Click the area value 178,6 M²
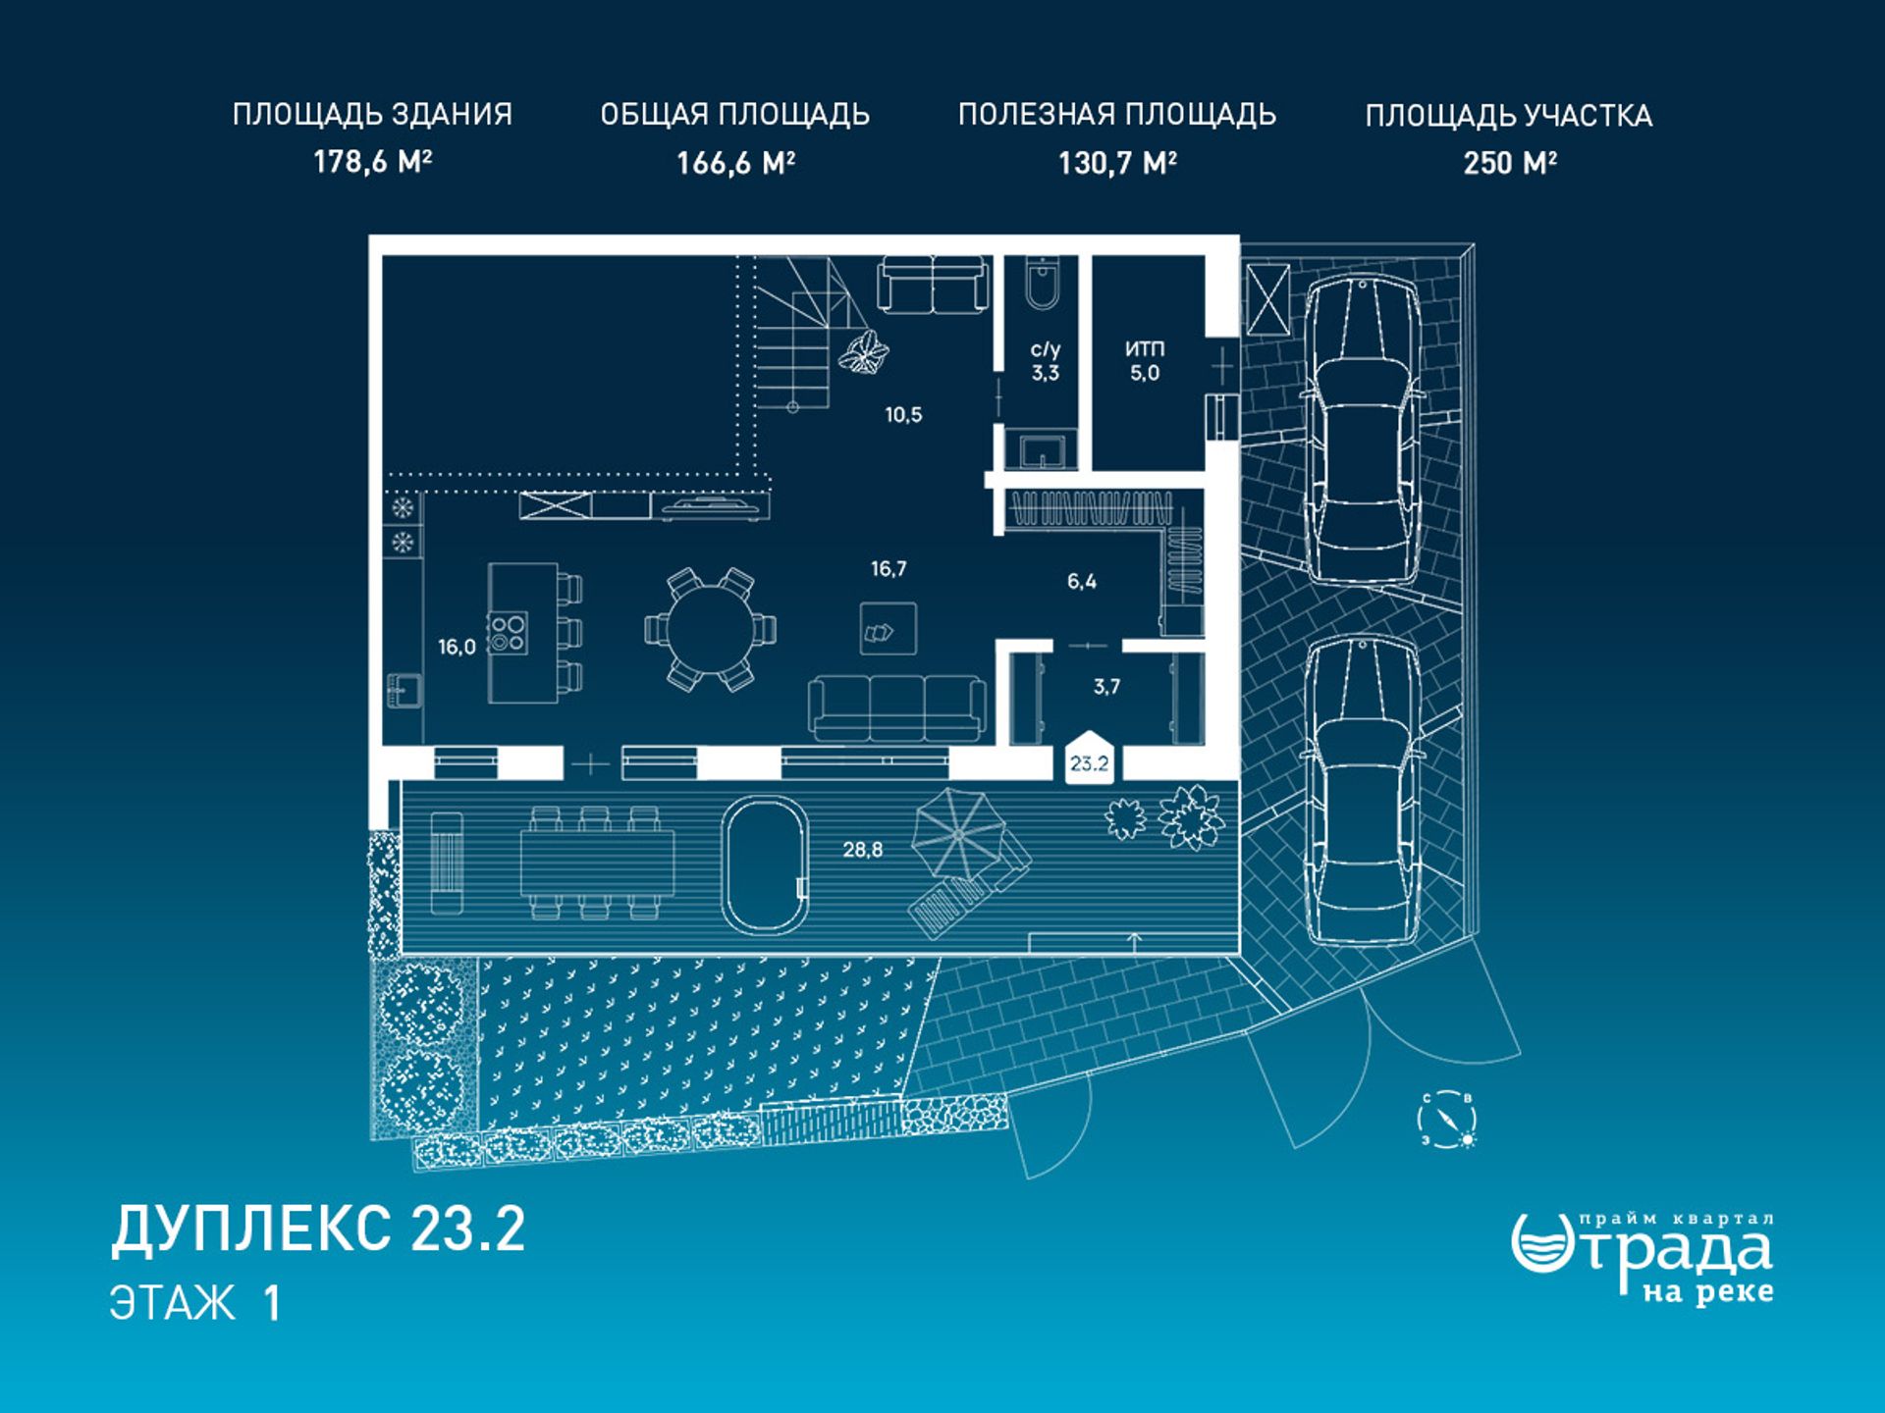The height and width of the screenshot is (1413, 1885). click(372, 161)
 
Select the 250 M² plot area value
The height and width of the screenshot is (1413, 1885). click(1509, 162)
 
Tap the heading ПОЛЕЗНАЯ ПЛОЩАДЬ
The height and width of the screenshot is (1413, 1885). click(1117, 115)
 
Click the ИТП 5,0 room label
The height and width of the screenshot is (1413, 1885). click(1145, 360)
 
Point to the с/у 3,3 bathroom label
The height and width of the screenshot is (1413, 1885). click(1046, 360)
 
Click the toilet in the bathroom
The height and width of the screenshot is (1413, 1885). click(1042, 283)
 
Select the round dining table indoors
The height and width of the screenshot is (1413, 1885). click(710, 629)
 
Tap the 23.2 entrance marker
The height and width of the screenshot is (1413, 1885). click(1090, 758)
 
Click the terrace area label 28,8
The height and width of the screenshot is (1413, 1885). click(862, 850)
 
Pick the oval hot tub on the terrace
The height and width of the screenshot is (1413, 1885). click(765, 864)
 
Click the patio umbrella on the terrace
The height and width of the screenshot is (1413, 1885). click(957, 835)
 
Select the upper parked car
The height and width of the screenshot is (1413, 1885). click(1363, 430)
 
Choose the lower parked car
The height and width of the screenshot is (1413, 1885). click(1363, 791)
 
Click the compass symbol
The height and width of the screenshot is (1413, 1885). click(1447, 1120)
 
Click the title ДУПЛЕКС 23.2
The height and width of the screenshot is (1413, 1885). click(318, 1229)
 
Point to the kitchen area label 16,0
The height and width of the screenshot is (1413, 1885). click(457, 647)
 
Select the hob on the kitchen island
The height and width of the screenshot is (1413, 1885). click(508, 633)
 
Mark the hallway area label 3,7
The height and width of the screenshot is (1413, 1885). click(1106, 686)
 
